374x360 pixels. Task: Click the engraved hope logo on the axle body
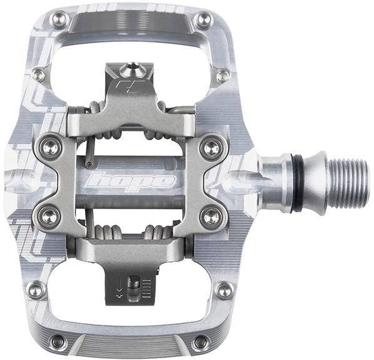(x=130, y=182)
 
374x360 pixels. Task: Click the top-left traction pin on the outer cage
(x=59, y=19)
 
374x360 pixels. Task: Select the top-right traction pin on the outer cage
(x=204, y=19)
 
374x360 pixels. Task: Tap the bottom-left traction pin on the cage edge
(x=59, y=341)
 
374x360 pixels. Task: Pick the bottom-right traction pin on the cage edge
(x=200, y=341)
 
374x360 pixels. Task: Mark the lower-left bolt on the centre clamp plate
(x=51, y=216)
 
